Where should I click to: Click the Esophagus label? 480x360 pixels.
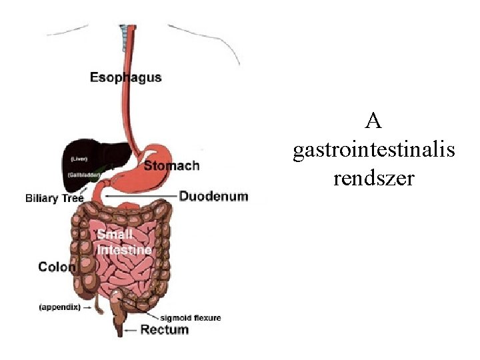click(125, 77)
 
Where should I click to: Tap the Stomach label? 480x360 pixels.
click(171, 165)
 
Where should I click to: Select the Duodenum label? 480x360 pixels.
click(213, 197)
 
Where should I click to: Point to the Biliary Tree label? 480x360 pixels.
click(55, 198)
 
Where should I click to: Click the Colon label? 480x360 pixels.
click(57, 267)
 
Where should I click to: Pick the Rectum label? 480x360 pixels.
click(165, 329)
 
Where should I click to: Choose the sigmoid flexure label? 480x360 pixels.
click(190, 317)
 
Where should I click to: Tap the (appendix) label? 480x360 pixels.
click(59, 307)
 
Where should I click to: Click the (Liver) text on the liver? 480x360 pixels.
click(79, 159)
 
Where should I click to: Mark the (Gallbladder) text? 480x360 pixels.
click(83, 174)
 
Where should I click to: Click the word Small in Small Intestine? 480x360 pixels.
click(115, 235)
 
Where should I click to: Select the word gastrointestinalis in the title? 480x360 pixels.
click(374, 151)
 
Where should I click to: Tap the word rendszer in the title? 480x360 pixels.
click(374, 179)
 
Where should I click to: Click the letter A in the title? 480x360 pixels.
click(374, 122)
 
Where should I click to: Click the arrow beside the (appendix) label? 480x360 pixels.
click(88, 308)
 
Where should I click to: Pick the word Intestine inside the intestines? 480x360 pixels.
click(124, 250)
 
